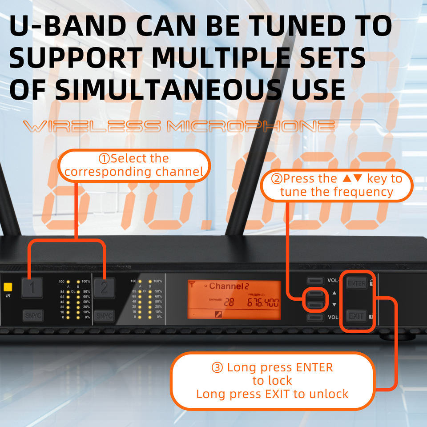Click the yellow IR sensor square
tap(8, 287)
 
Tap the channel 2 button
tap(104, 287)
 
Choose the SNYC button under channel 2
tap(104, 316)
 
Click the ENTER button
tap(356, 283)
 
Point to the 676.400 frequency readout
tap(263, 303)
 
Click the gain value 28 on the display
tap(229, 303)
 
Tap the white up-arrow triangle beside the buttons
tap(334, 294)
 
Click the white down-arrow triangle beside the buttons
tap(334, 305)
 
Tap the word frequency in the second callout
tap(363, 192)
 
